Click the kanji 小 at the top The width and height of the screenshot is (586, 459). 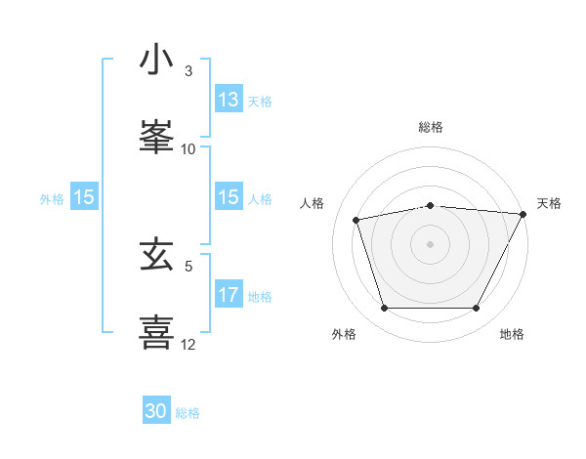coord(157,61)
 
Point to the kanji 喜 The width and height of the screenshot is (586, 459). coord(157,331)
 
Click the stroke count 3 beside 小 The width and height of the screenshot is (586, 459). coord(188,71)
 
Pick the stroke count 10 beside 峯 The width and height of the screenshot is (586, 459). coord(188,148)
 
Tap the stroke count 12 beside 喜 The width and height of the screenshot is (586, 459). coord(188,344)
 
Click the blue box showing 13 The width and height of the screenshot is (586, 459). coord(229,100)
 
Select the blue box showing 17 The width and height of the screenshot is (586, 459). coord(229,295)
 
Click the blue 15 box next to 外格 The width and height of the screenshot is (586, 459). coord(84,197)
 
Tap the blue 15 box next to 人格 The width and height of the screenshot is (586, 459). coord(229,197)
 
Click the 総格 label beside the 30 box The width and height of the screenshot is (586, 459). coord(188,413)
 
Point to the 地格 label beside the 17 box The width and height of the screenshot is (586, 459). coord(260,296)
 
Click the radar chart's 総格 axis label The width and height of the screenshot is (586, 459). coord(431,127)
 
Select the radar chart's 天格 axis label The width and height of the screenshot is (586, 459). coord(549,203)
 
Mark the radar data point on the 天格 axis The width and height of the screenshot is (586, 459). coord(524,214)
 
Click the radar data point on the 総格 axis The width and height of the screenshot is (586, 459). coord(431,206)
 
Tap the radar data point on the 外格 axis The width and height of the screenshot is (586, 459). coord(384,309)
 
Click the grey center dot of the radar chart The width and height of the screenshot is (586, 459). coord(431,243)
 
